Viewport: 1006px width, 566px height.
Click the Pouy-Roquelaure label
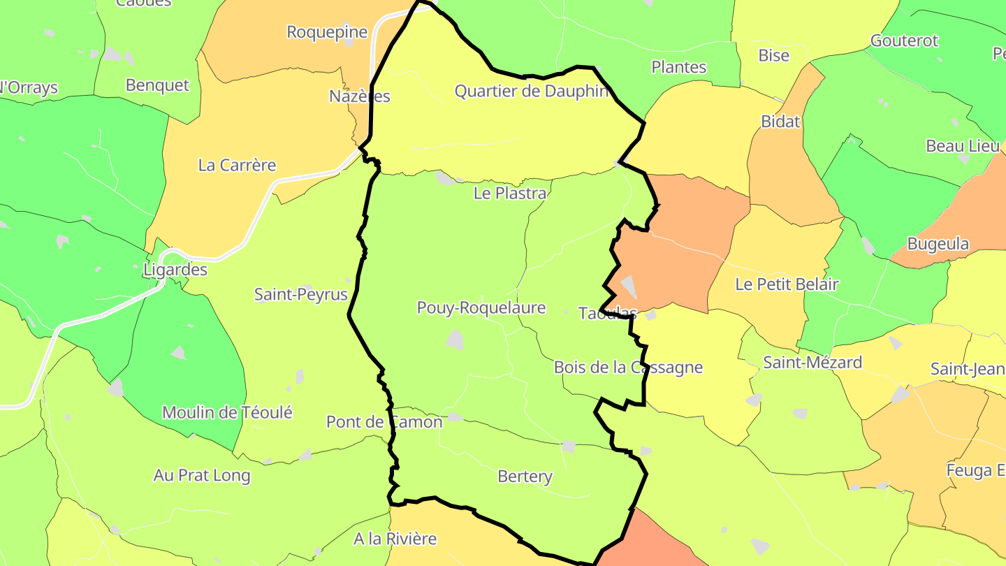tap(481, 307)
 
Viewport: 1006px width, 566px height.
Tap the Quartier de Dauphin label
tap(532, 91)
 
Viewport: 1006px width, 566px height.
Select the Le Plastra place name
tap(509, 194)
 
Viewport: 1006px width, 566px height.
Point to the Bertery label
tap(525, 477)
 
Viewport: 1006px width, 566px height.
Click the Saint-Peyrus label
tap(300, 294)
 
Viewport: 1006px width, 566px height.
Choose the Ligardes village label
tap(175, 269)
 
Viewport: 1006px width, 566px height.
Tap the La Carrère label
tap(237, 166)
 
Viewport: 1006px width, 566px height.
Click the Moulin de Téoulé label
tap(227, 412)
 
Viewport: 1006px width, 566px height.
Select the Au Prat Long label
tap(202, 476)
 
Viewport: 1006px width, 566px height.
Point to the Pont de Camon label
tap(384, 422)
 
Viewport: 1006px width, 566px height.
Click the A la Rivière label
tap(395, 539)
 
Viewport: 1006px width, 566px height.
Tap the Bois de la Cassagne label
tap(628, 368)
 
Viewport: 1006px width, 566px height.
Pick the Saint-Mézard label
tap(812, 362)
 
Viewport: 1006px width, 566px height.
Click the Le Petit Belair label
tap(787, 284)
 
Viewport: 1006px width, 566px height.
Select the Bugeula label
tap(938, 244)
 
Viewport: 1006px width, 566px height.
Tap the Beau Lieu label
tap(962, 146)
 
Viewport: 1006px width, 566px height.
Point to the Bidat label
tap(780, 122)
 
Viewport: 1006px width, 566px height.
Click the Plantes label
tap(678, 67)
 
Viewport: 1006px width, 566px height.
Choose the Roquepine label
tap(327, 31)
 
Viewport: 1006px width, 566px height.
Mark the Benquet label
tap(157, 85)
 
